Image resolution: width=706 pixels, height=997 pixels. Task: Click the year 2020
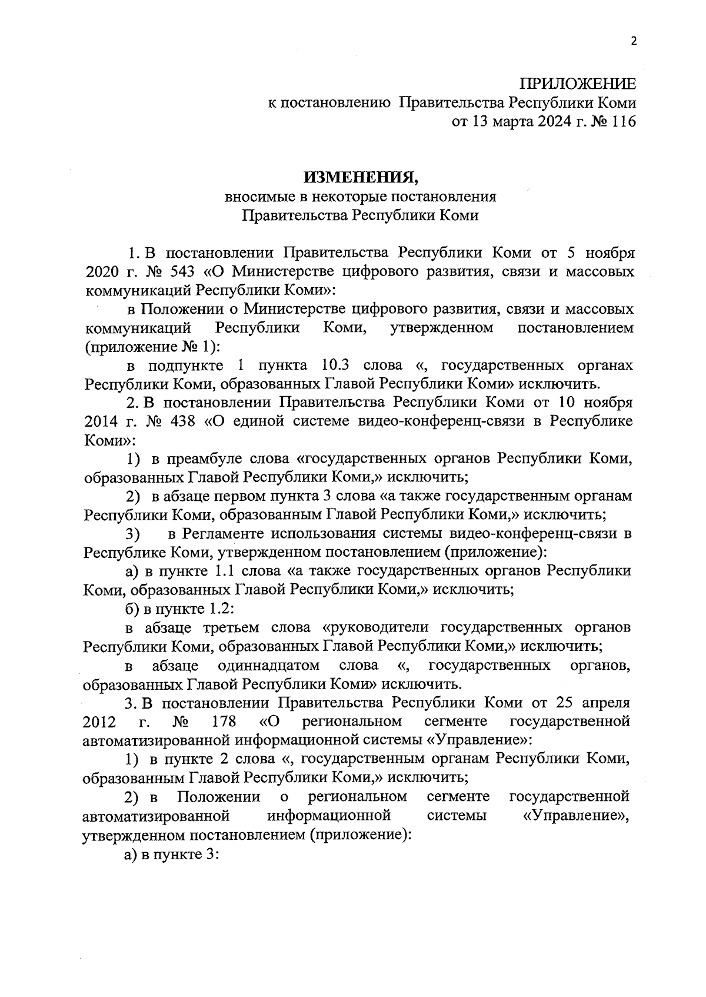coord(102,271)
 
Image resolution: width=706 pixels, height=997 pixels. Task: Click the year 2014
coord(102,421)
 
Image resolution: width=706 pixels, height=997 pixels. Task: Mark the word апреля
coord(605,703)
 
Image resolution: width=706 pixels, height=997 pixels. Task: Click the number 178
coord(222,722)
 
